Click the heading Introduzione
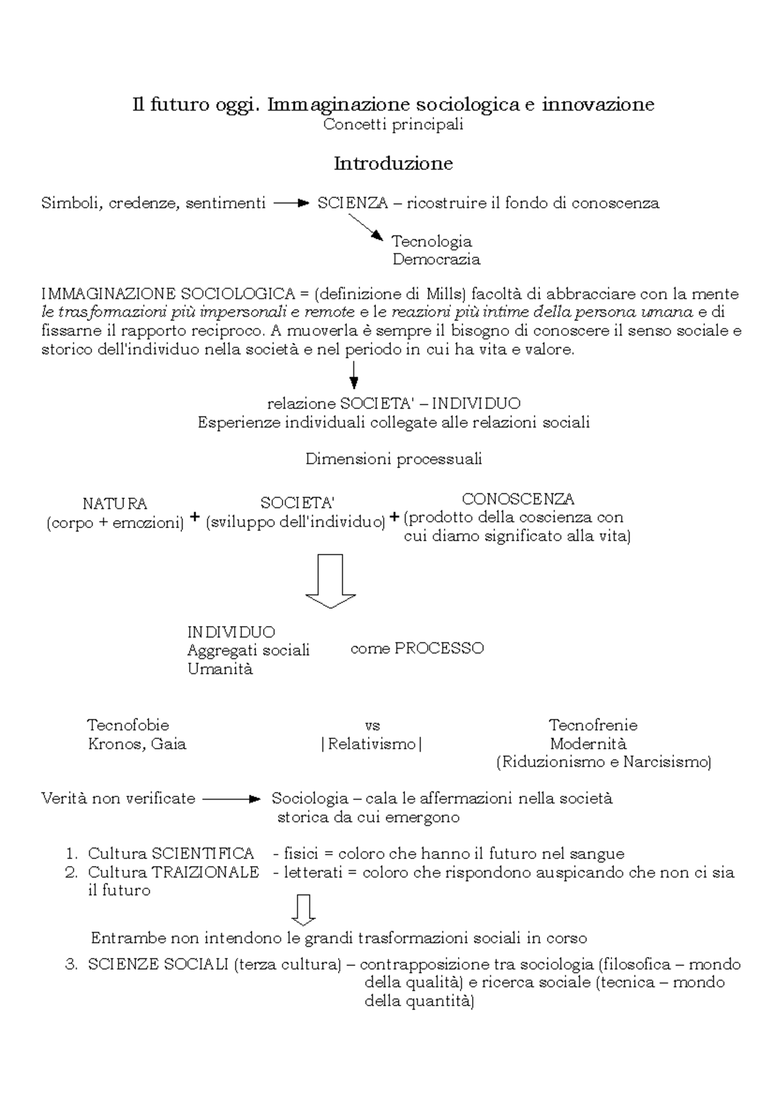[393, 164]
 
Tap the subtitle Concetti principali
[393, 125]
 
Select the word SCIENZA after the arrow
[352, 203]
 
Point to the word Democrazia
[436, 259]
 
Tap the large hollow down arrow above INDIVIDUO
[330, 580]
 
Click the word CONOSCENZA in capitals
[518, 499]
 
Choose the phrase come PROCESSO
[417, 649]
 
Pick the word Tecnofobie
[128, 725]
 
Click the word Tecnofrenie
[593, 725]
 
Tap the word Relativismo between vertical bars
[372, 744]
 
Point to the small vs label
[372, 726]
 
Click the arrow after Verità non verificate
[230, 799]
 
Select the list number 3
[72, 964]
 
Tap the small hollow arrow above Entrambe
[303, 909]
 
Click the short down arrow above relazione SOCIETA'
[353, 374]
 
